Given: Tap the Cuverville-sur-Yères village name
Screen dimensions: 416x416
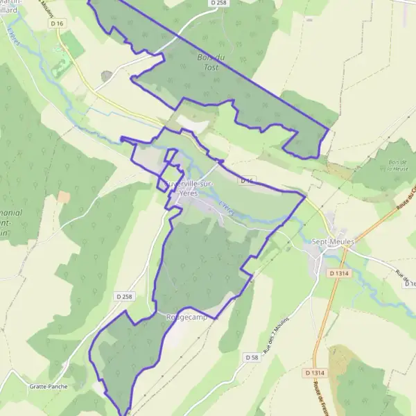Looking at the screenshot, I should [x=189, y=189].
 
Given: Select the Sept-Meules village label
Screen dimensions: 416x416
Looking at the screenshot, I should [x=333, y=241].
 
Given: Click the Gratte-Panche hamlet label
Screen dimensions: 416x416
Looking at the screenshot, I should [x=49, y=386].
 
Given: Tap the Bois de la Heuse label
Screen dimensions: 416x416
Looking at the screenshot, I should [x=398, y=165].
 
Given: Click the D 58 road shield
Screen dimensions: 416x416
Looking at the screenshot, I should [x=252, y=357].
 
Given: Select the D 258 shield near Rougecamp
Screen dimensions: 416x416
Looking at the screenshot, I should [x=124, y=296].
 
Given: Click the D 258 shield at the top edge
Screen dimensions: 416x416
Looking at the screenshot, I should [x=218, y=3].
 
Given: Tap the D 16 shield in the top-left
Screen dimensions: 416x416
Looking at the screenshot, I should [x=57, y=24].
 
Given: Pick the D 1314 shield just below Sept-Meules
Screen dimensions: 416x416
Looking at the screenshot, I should [x=339, y=273].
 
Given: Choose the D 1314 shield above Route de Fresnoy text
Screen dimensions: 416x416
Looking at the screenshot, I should [x=314, y=373].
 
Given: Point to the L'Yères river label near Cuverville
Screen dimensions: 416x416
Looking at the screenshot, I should [x=226, y=209].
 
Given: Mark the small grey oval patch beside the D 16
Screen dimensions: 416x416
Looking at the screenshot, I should [x=106, y=76].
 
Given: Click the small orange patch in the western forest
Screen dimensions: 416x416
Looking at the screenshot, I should [x=64, y=198].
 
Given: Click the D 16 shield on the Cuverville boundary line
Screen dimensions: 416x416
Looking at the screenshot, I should [x=247, y=180].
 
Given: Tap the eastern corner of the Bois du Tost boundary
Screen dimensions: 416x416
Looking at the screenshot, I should [x=327, y=128].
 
